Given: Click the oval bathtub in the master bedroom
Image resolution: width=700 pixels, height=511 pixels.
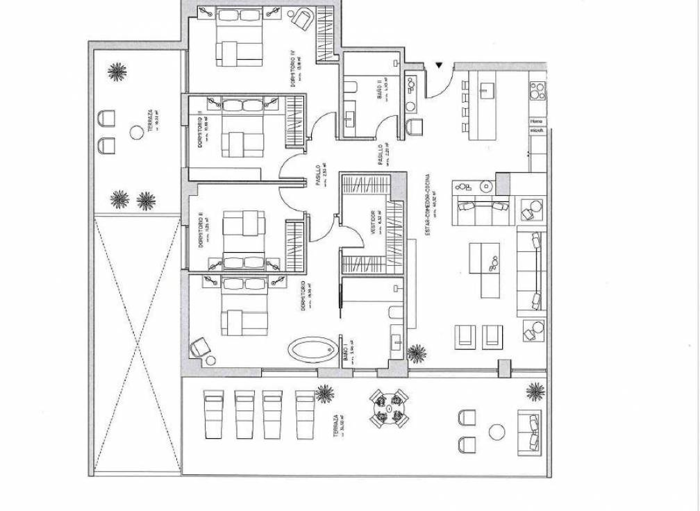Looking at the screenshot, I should pyautogui.click(x=311, y=349).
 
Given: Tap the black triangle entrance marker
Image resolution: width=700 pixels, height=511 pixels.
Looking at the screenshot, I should pyautogui.click(x=439, y=66).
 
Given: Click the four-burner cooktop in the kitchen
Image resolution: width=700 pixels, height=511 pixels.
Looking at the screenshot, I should pyautogui.click(x=537, y=92).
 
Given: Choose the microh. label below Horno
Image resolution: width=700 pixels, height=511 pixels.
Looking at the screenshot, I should pyautogui.click(x=537, y=131).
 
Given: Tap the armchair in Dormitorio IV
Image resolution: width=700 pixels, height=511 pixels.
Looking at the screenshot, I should pyautogui.click(x=301, y=19).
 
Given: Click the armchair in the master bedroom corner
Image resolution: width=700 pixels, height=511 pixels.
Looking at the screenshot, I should pyautogui.click(x=201, y=347).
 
